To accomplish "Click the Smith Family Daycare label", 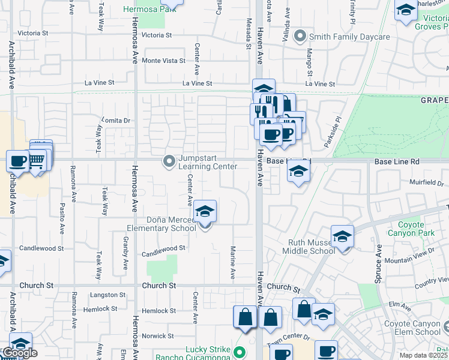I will pyautogui.click(x=349, y=37).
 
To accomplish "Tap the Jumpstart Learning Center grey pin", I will pyautogui.click(x=169, y=161).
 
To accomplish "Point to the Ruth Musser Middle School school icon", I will pyautogui.click(x=342, y=237).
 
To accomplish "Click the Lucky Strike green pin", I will pyautogui.click(x=240, y=353).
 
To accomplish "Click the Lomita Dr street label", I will pyautogui.click(x=116, y=120).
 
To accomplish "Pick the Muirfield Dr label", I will pyautogui.click(x=427, y=182).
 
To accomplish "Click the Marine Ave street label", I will pyautogui.click(x=233, y=262).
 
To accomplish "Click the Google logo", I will pyautogui.click(x=19, y=353).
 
